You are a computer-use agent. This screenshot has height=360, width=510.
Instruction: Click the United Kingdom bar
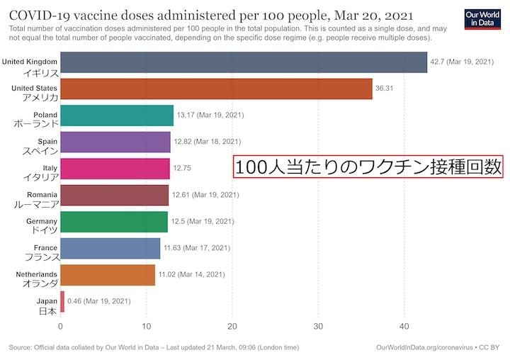click(x=244, y=62)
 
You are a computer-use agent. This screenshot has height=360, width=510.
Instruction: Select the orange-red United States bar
click(x=216, y=89)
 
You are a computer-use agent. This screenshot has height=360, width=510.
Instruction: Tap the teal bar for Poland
click(x=117, y=116)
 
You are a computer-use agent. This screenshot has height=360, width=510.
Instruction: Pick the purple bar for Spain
click(x=115, y=142)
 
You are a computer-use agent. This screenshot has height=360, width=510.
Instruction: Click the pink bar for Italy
click(x=115, y=168)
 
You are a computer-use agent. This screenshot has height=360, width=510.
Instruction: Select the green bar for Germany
click(x=114, y=222)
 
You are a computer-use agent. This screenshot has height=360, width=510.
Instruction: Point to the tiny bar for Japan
click(x=62, y=301)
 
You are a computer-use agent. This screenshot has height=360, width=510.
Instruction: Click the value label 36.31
click(x=385, y=89)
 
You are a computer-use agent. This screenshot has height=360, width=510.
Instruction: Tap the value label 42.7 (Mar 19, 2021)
click(x=462, y=62)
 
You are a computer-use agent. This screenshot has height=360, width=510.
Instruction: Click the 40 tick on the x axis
click(x=404, y=327)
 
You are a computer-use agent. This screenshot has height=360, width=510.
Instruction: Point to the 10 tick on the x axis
click(x=146, y=327)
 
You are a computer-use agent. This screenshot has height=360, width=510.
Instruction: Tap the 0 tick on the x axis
click(x=60, y=327)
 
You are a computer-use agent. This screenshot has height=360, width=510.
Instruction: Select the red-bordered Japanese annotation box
click(x=368, y=167)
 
